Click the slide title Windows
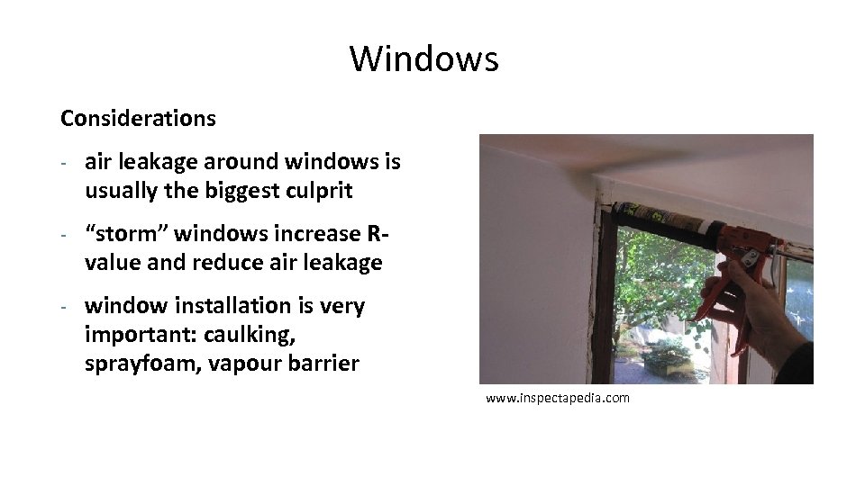423,59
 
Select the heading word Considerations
138,118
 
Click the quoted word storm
125,234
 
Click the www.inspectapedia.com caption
558,397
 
